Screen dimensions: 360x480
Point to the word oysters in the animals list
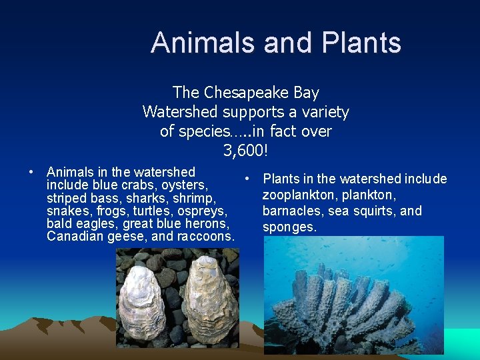[x=185, y=185]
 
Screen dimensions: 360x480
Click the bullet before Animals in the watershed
[x=31, y=173]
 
